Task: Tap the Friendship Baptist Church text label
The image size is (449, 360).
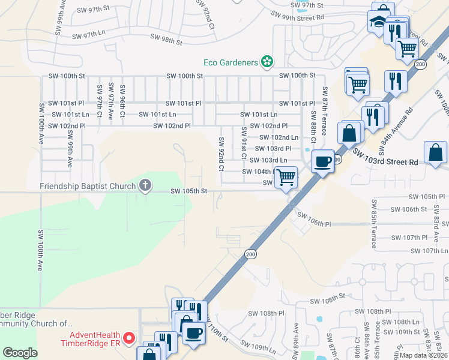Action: pos(88,186)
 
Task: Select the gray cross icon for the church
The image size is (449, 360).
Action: pos(145,185)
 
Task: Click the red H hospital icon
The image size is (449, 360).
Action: pos(129,340)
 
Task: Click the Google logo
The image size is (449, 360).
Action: pos(20,353)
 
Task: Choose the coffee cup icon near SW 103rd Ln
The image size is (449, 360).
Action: pos(323,161)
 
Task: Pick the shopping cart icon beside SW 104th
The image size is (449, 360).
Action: pos(286,177)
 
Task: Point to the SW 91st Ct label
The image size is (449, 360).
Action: pos(244,143)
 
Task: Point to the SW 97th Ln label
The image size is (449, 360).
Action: pos(88,36)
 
